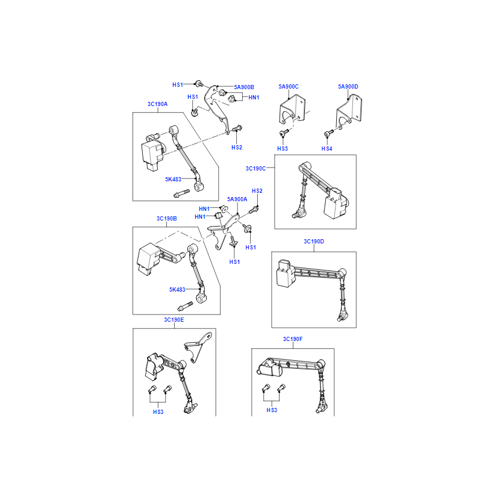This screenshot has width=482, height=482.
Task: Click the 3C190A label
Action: click(157, 104)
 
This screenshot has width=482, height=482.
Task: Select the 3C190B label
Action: click(167, 219)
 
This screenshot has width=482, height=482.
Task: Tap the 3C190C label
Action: click(255, 169)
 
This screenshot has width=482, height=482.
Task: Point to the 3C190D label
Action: click(314, 242)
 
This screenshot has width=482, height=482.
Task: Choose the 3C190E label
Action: click(174, 320)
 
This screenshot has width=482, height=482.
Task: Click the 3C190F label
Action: click(293, 339)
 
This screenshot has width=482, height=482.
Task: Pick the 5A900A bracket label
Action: click(237, 199)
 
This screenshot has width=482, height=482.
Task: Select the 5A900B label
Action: click(244, 87)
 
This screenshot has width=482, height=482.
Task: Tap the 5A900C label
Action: click(289, 87)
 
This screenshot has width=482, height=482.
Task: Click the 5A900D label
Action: click(348, 87)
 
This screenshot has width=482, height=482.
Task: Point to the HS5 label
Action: click(283, 149)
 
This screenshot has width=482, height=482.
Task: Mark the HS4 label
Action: click(327, 149)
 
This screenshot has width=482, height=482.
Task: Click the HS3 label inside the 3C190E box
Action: click(158, 412)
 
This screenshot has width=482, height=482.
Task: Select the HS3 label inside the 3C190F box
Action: click(272, 410)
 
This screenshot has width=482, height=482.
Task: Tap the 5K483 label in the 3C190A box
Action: click(173, 179)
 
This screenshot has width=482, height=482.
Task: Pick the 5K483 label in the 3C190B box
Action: click(177, 290)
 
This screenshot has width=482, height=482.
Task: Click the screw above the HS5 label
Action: click(284, 133)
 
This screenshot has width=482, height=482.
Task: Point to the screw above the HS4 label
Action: click(328, 133)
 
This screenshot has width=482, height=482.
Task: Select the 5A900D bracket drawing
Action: click(349, 111)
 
